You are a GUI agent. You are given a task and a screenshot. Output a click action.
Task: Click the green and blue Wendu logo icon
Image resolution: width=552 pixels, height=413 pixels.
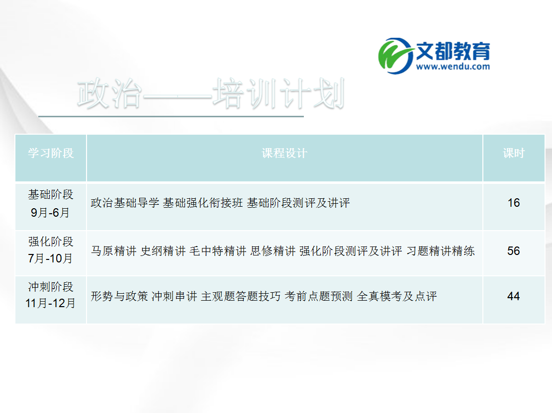pyautogui.click(x=396, y=53)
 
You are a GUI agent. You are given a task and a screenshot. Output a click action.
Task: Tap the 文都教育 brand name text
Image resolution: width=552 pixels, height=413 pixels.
pyautogui.click(x=453, y=50)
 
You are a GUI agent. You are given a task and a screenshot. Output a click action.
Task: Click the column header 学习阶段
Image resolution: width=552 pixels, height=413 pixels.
pyautogui.click(x=51, y=153)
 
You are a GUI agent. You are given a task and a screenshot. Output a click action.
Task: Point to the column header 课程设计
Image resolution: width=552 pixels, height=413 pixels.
pyautogui.click(x=284, y=153)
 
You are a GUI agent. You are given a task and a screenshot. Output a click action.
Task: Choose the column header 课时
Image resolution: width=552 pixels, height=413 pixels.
pyautogui.click(x=513, y=153)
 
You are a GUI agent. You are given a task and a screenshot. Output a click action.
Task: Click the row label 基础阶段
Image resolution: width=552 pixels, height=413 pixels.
pyautogui.click(x=51, y=194)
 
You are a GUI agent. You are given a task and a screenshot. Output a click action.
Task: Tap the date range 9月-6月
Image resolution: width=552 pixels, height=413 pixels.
pyautogui.click(x=51, y=213)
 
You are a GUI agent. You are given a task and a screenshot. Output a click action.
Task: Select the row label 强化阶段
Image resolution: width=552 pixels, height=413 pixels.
pyautogui.click(x=51, y=242)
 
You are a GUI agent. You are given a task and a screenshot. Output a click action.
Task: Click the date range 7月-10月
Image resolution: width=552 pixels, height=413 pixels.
pyautogui.click(x=51, y=258)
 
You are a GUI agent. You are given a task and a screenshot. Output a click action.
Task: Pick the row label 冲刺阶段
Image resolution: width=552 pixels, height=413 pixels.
pyautogui.click(x=51, y=287)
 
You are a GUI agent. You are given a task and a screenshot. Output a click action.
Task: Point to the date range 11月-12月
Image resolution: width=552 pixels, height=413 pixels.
pyautogui.click(x=51, y=303)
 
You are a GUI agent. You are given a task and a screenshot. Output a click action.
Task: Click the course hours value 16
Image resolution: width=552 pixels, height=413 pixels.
pyautogui.click(x=513, y=203)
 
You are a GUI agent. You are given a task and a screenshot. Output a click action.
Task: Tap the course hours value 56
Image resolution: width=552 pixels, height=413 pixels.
pyautogui.click(x=513, y=251)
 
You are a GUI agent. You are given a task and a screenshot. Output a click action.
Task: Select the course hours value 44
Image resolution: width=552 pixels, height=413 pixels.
pyautogui.click(x=513, y=296)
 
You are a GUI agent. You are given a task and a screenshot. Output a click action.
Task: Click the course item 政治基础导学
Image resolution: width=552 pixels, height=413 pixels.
pyautogui.click(x=125, y=203)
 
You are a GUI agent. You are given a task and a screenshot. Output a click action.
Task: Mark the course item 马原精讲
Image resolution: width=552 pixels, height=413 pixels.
pyautogui.click(x=113, y=251)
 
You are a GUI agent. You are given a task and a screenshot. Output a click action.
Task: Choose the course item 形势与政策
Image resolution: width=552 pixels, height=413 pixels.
pyautogui.click(x=119, y=297)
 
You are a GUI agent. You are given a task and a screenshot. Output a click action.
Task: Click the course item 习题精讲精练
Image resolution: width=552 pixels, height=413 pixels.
pyautogui.click(x=441, y=251)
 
